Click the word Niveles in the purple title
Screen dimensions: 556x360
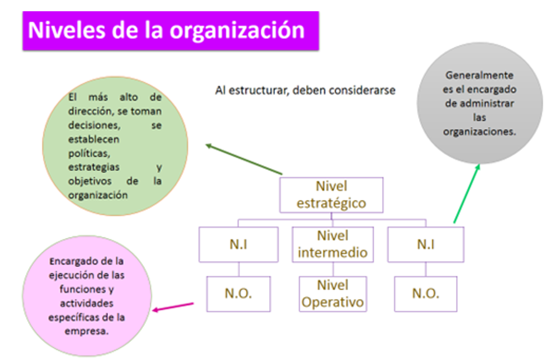(67, 30)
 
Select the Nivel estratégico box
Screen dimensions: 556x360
(331, 195)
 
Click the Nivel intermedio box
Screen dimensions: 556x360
(332, 244)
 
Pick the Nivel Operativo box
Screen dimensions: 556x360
(332, 294)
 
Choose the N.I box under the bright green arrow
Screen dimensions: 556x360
(425, 244)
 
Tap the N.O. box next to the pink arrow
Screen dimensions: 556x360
(238, 294)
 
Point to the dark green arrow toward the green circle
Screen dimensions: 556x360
(244, 159)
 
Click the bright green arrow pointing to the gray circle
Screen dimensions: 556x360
(467, 194)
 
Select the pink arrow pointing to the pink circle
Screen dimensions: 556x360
(173, 307)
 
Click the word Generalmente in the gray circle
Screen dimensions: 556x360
(479, 75)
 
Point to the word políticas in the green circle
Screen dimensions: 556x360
(89, 153)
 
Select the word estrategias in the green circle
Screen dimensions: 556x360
(94, 167)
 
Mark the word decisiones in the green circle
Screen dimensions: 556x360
(94, 125)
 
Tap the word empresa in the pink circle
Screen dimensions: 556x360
(86, 331)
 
